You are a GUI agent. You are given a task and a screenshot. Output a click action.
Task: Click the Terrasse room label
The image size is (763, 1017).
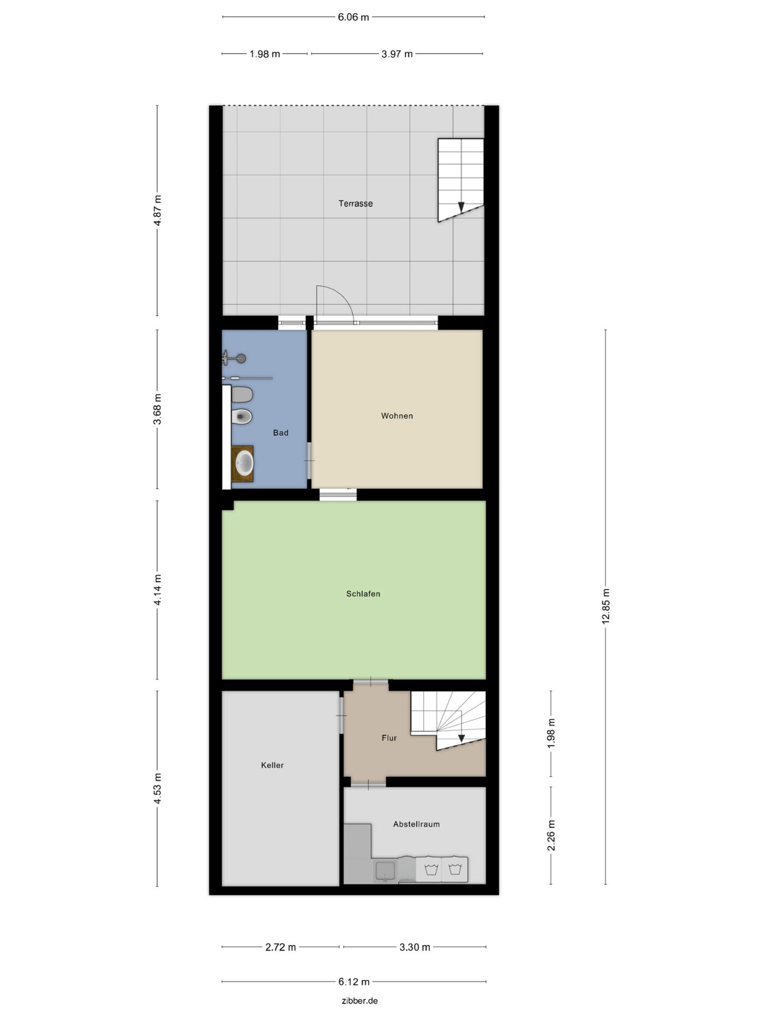point(356,203)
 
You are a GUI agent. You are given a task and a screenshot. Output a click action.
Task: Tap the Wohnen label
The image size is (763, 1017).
point(397,416)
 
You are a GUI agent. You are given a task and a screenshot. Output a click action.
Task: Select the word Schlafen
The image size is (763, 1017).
point(363,594)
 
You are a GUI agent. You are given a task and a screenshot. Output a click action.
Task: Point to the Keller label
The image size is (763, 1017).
point(272,765)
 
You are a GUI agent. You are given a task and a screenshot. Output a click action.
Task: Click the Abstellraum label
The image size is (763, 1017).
point(416,824)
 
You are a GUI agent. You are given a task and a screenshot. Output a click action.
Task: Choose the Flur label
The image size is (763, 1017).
point(389,738)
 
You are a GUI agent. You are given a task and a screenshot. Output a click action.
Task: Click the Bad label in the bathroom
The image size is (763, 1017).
point(280,433)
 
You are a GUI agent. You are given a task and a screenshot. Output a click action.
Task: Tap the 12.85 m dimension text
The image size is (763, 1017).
point(606,607)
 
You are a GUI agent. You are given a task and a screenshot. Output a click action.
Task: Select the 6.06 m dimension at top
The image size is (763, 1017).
point(353,17)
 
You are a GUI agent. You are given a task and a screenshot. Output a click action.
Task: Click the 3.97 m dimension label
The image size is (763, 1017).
point(397,54)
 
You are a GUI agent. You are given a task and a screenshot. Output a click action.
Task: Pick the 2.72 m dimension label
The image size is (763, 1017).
point(280,947)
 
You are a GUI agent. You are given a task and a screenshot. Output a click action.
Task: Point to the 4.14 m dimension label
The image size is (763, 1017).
point(158,590)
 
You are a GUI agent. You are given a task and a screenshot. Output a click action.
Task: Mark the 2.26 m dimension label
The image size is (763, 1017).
point(551,836)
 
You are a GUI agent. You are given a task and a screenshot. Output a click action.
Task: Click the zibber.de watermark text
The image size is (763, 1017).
point(359,1001)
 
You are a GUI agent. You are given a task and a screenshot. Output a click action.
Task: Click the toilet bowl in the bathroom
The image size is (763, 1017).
point(242,417)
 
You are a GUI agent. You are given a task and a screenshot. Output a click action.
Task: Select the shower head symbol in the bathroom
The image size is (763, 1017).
point(241,359)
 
